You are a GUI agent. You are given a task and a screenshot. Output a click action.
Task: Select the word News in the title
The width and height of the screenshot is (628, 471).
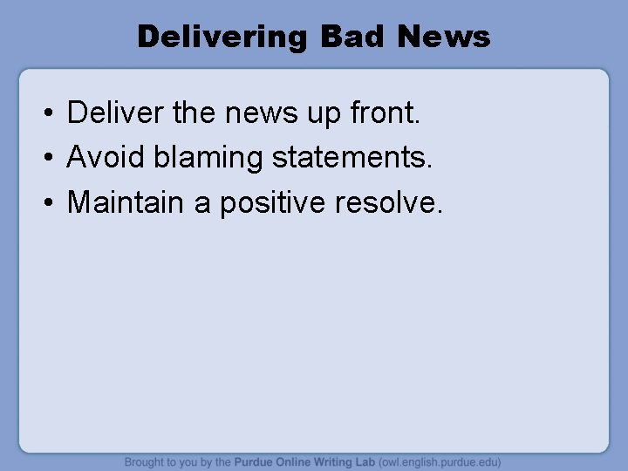point(443,37)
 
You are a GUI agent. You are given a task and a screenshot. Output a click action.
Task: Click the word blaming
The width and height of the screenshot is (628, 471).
point(208,158)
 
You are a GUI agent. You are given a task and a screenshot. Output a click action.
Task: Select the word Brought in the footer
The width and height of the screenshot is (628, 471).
point(146,462)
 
